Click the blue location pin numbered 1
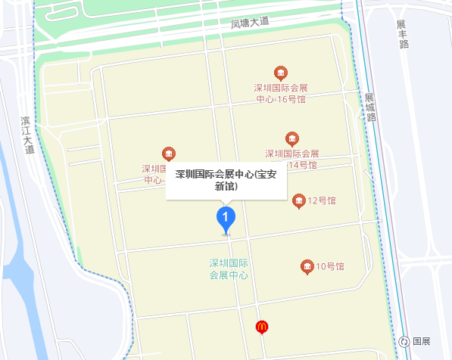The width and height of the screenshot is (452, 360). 225,219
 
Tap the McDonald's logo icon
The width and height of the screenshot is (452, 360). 262,327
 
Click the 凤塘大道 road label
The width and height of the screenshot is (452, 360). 251,23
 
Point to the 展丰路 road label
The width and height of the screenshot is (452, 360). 403,34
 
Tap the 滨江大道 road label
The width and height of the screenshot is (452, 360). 28,135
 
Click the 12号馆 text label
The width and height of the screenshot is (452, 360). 321,200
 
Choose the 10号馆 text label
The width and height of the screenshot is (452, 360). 330,266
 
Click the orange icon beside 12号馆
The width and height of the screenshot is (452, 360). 298,200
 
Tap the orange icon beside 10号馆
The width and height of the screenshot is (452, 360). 307,266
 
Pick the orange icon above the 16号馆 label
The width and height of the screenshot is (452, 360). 280,73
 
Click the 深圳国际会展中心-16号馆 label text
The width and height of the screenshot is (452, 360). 280,93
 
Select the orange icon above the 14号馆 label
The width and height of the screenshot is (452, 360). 292,138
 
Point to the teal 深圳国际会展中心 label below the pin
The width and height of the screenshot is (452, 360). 229,269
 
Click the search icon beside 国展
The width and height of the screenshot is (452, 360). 405,342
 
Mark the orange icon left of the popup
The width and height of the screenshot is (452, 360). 169,154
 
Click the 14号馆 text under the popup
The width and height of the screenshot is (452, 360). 303,165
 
